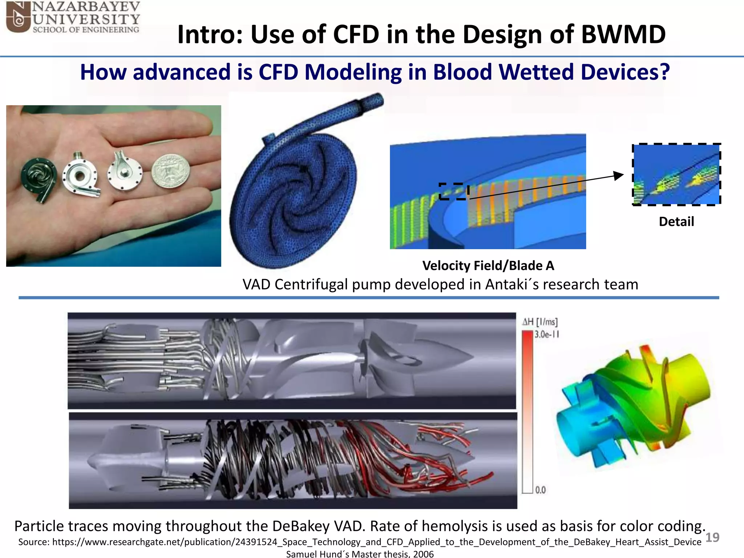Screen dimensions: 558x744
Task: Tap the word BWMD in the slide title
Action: tap(623, 35)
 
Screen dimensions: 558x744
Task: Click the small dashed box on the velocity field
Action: tap(454, 191)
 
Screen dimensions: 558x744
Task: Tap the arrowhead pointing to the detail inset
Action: tap(618, 175)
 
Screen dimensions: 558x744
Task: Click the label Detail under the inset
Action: tap(676, 222)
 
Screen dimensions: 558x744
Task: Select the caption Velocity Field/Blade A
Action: tap(488, 266)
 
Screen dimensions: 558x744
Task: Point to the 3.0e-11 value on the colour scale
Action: tap(547, 334)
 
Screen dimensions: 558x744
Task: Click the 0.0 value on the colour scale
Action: tap(541, 490)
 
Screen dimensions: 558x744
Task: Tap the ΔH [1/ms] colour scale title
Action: tap(540, 322)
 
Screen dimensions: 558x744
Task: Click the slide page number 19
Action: tap(712, 537)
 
